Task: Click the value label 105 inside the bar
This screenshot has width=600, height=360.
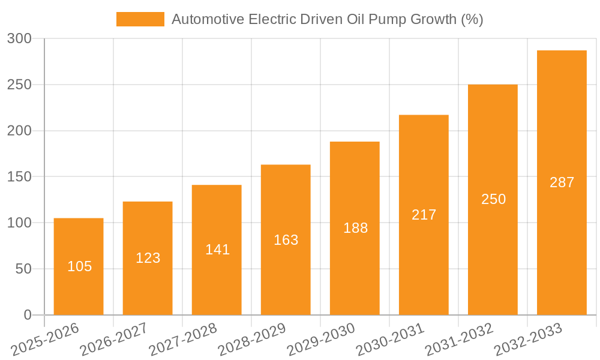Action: [x=79, y=266]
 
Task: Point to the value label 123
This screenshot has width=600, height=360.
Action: [x=148, y=258]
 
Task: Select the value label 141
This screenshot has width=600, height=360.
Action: [x=217, y=250]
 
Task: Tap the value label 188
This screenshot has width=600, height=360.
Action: [x=355, y=228]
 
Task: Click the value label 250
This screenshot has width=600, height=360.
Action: [x=493, y=199]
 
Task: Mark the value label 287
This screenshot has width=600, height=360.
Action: [x=562, y=182]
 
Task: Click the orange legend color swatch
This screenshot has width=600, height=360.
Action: [x=140, y=19]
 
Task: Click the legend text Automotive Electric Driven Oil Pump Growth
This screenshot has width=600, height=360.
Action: [x=327, y=19]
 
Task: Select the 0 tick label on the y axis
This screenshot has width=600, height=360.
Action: [x=27, y=315]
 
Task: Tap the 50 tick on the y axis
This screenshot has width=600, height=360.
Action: [x=23, y=269]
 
